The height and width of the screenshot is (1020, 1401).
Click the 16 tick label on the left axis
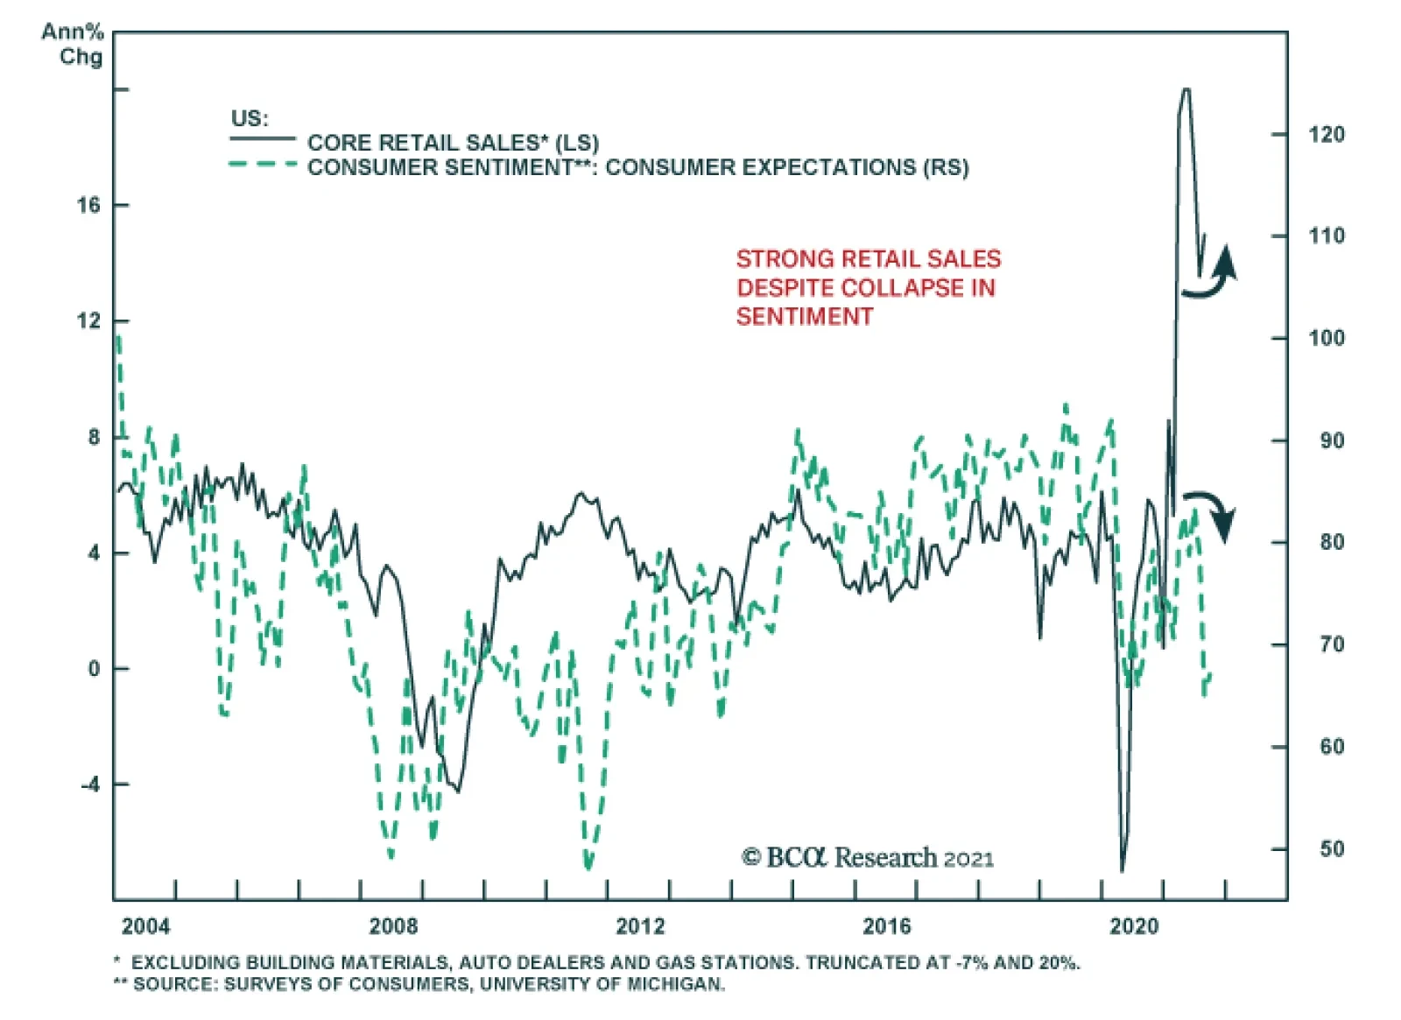[x=88, y=205]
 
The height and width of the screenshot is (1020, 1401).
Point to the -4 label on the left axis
[x=91, y=784]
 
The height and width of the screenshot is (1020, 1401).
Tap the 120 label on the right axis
[x=1326, y=134]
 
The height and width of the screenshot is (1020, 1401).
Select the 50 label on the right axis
[x=1331, y=848]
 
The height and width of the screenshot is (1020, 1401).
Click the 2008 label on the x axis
[x=393, y=925]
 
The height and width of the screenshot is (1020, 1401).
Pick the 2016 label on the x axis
[x=886, y=925]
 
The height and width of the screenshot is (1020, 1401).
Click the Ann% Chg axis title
[x=74, y=44]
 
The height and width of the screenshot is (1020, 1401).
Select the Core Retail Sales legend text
[x=453, y=143]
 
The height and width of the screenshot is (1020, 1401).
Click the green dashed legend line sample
[x=263, y=165]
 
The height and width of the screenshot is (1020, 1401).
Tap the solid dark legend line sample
[x=263, y=139]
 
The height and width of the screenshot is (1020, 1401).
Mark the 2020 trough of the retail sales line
[x=1123, y=869]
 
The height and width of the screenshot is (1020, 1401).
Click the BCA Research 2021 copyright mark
[x=867, y=857]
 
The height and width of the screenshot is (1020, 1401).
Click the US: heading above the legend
[x=250, y=118]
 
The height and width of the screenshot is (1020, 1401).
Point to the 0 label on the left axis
[x=95, y=668]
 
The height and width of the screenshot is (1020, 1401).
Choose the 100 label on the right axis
[x=1326, y=338]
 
